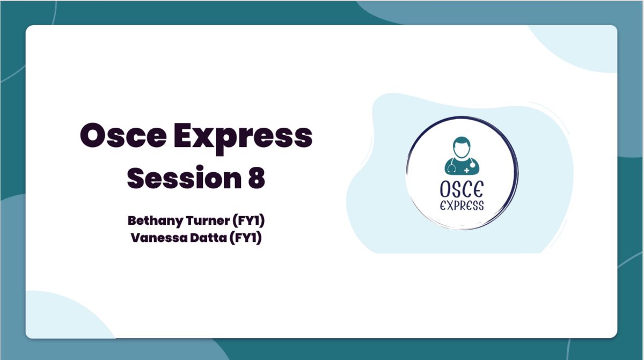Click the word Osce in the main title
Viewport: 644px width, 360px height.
pos(123,135)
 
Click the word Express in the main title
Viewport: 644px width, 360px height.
pos(243,139)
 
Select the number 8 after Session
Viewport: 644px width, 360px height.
pos(257,178)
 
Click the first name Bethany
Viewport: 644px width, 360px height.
pos(155,221)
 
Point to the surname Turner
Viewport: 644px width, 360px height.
pos(208,221)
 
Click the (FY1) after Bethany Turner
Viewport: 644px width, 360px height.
pos(248,221)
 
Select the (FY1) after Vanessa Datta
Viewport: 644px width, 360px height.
pos(246,238)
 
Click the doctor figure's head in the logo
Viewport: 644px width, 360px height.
pos(462,147)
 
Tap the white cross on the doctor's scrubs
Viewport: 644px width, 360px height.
pos(466,171)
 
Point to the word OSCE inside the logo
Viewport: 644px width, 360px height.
pos(462,189)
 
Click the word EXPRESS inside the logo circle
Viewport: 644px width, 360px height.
pos(462,205)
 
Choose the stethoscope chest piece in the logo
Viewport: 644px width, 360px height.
pos(472,165)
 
